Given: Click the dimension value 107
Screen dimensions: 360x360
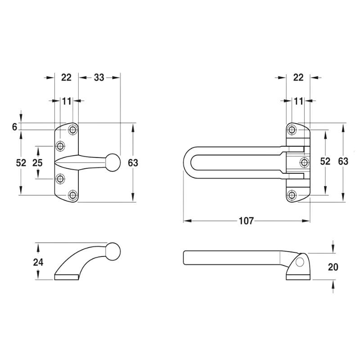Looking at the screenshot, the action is pos(246,221).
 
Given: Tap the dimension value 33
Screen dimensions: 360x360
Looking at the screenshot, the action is pos(99,77).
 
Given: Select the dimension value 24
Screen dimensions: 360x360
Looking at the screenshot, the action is pos(38,262).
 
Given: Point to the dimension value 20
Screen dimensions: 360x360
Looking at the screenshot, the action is pos(333,267).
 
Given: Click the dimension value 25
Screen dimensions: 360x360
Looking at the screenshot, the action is pos(37,163).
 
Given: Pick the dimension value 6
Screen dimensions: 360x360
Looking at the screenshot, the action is pos(15,127).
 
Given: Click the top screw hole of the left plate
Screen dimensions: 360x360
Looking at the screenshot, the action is pos(73,130).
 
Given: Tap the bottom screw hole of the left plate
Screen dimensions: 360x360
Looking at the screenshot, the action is pos(73,195).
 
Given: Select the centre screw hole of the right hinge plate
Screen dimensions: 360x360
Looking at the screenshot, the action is pos(305,162).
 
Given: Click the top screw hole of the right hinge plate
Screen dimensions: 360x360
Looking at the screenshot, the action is pos(292,130).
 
